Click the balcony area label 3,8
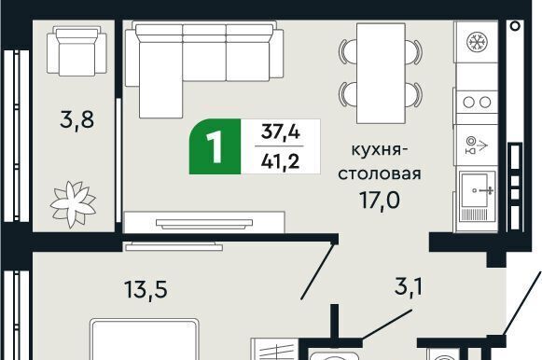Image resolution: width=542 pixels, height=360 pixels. click(x=76, y=120)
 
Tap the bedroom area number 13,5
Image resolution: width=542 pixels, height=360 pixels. click(x=146, y=289)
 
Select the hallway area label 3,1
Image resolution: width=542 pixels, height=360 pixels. click(x=409, y=286)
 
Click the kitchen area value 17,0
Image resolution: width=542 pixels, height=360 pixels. click(x=380, y=200)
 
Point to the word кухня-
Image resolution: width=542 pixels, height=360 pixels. click(x=377, y=151)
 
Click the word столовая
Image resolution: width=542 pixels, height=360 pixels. click(x=380, y=173)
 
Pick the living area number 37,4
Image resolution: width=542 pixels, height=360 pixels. click(x=280, y=132)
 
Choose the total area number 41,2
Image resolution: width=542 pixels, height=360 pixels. click(x=280, y=161)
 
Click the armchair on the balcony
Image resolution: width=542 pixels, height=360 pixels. click(x=76, y=51)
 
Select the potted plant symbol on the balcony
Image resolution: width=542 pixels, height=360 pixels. click(x=73, y=204)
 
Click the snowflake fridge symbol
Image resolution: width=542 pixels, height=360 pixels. click(x=477, y=42)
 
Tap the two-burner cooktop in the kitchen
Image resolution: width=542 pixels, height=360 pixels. click(x=477, y=103)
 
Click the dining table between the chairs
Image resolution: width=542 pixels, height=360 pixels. click(x=381, y=74)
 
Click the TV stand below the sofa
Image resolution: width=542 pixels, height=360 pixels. click(x=204, y=222)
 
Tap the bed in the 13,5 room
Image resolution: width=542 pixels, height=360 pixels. click(x=145, y=339)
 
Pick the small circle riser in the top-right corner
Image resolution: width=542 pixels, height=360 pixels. click(x=515, y=26)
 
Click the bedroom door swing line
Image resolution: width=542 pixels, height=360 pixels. click(x=317, y=271)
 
